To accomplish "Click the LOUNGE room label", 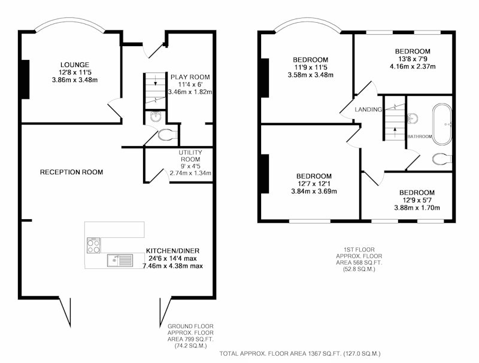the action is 75,65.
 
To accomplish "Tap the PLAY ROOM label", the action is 190,77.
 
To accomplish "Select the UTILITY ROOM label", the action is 190,156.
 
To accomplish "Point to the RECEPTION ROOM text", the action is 71,172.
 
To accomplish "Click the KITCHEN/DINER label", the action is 172,251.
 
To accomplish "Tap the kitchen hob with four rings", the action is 93,246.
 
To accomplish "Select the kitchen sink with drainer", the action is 120,261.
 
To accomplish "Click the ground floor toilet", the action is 168,134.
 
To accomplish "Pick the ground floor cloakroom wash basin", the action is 156,117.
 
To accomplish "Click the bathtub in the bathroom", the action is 442,125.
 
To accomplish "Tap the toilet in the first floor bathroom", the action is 442,159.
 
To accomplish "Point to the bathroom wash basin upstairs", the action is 413,119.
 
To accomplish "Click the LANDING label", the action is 368,110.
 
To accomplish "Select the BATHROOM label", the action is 420,137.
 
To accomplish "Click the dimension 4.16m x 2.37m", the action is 413,66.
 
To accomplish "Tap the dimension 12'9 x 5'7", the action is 417,201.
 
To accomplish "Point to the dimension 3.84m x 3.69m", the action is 314,191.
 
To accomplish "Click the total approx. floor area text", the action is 300,354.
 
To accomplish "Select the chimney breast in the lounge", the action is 25,79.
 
